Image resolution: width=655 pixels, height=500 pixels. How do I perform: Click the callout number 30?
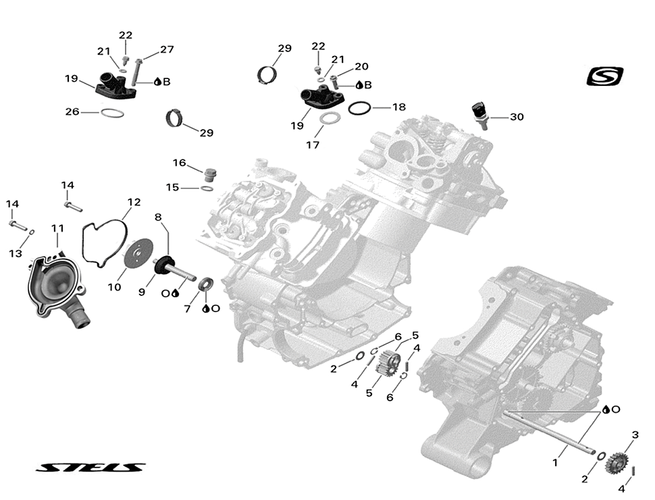517,117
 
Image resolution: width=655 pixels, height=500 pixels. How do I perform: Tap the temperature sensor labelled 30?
479,113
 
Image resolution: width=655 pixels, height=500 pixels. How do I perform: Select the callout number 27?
167,49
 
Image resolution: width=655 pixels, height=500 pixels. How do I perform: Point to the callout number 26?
72,111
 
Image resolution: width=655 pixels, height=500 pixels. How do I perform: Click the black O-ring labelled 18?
359,107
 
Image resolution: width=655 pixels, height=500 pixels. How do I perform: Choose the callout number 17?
312,145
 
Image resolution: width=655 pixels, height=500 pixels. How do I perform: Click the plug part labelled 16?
209,174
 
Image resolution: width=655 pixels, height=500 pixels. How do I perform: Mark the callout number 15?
173,187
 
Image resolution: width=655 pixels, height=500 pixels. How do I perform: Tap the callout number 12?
134,202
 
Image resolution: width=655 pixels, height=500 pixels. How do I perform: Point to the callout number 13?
16,253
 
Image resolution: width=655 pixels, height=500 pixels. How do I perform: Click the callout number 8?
158,217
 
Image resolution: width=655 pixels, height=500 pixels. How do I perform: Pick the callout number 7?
187,309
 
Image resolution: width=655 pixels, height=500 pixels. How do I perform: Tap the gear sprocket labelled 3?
614,463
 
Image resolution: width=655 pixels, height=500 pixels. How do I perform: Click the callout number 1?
555,463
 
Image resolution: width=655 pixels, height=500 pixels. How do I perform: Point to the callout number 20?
361,66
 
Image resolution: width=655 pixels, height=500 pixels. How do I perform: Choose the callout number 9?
142,293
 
